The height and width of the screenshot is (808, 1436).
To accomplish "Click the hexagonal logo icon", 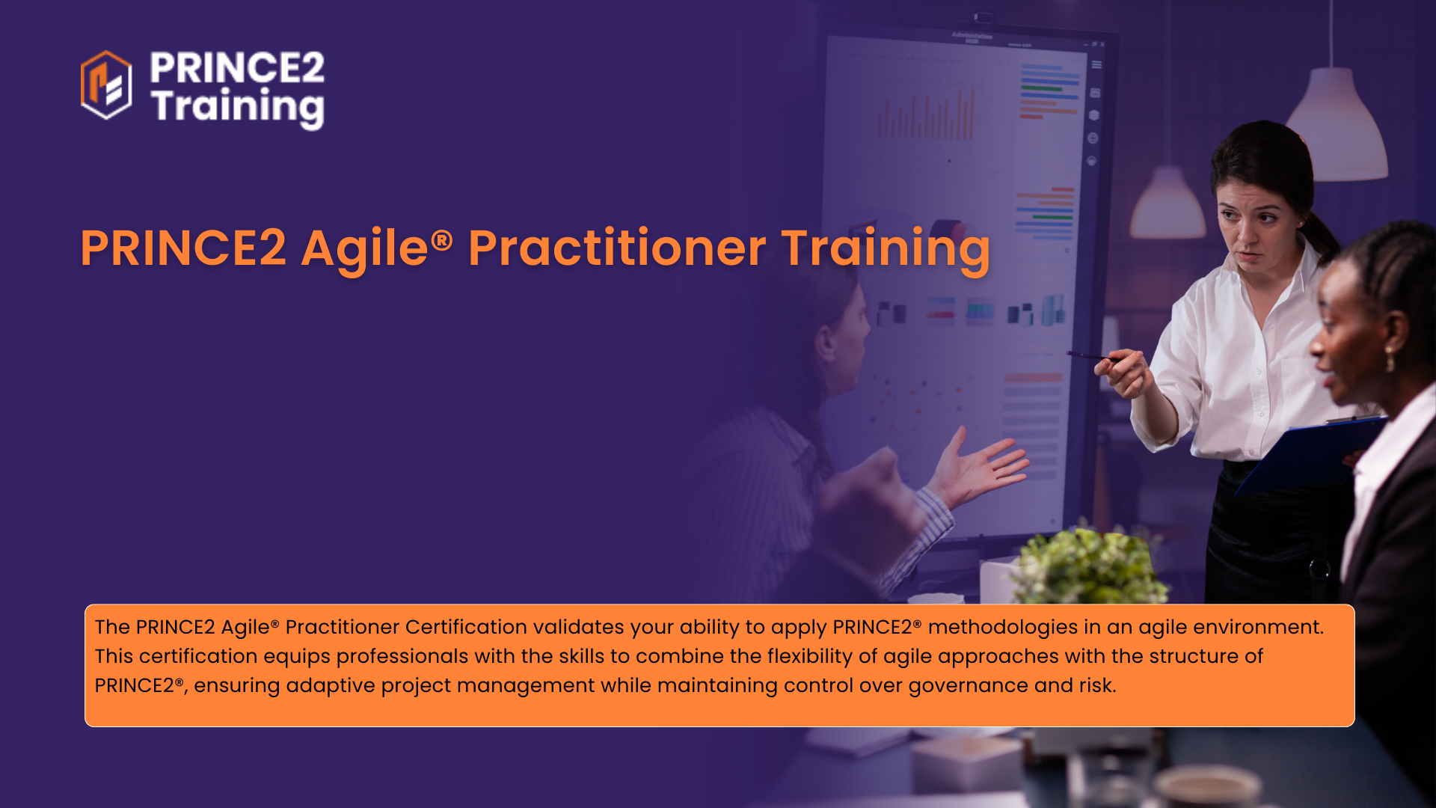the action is coord(106,85).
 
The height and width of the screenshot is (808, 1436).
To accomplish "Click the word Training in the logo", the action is coord(238,107).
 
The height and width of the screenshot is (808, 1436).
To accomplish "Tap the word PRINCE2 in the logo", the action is coord(237,67).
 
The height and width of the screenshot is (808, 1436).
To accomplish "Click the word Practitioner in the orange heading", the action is coord(617,248).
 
